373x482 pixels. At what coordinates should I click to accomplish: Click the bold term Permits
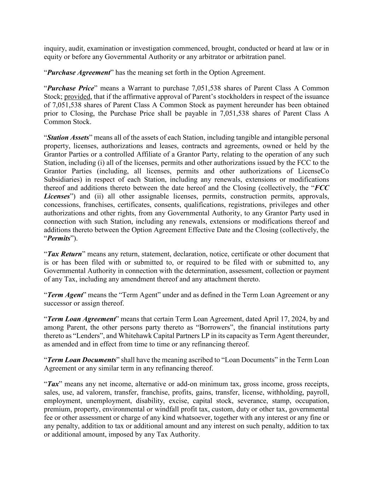click(x=59, y=239)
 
